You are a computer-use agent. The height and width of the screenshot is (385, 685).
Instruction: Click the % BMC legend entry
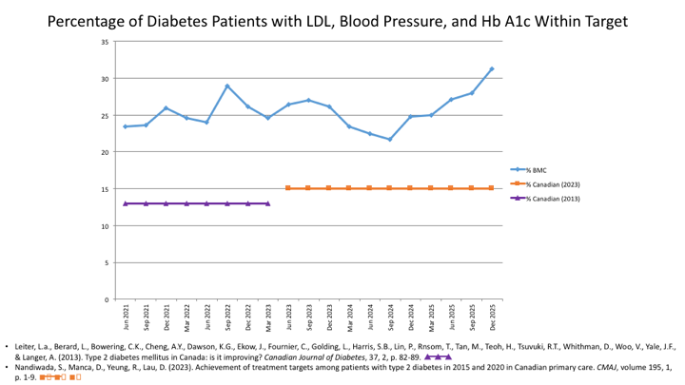535,169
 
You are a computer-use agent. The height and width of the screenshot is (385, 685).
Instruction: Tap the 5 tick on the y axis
106,262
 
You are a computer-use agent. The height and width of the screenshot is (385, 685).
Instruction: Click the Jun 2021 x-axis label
126,315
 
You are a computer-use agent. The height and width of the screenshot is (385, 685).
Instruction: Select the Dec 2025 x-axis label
492,315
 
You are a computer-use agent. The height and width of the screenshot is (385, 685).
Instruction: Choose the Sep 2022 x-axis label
227,315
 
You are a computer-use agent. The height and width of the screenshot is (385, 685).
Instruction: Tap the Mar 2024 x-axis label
349,315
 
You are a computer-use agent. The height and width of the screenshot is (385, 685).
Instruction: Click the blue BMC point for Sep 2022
227,87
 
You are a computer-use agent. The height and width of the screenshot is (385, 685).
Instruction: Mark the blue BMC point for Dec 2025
492,68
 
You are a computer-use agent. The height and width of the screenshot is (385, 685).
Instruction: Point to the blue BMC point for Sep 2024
390,140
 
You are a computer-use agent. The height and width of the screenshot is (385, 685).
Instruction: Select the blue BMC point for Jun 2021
126,126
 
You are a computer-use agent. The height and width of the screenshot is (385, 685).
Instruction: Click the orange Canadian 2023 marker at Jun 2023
288,188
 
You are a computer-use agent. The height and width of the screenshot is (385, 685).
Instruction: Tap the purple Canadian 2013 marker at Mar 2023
268,203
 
